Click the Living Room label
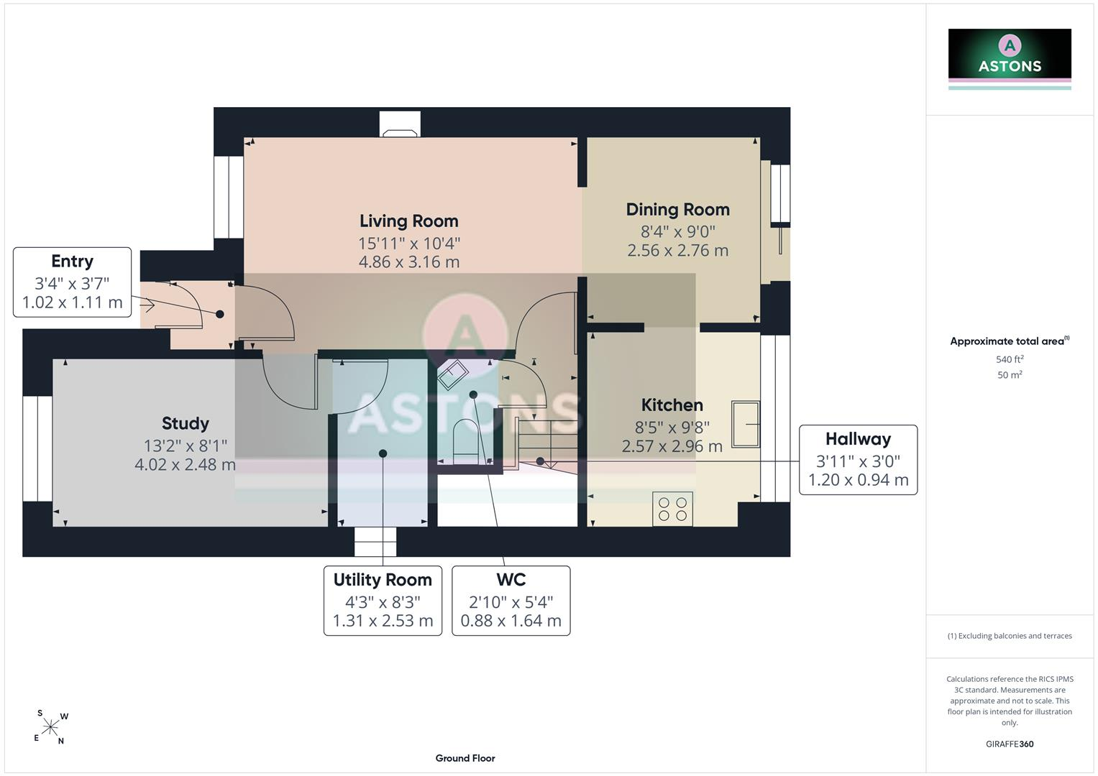[x=409, y=221]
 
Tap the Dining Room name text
[x=678, y=210]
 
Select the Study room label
[x=186, y=423]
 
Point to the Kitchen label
[x=672, y=405]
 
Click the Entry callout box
[x=72, y=282]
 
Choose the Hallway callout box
[x=859, y=460]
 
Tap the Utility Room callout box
[x=383, y=601]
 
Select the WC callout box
[x=511, y=601]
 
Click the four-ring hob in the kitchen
[x=672, y=509]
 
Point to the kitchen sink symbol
[x=746, y=424]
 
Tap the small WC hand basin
[x=453, y=375]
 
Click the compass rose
[x=50, y=727]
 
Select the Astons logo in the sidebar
[x=1010, y=59]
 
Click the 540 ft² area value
[x=1010, y=359]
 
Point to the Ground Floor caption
[x=465, y=758]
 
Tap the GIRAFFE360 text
[x=1010, y=744]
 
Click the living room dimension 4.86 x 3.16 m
[x=409, y=262]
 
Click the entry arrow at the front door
[x=147, y=305]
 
